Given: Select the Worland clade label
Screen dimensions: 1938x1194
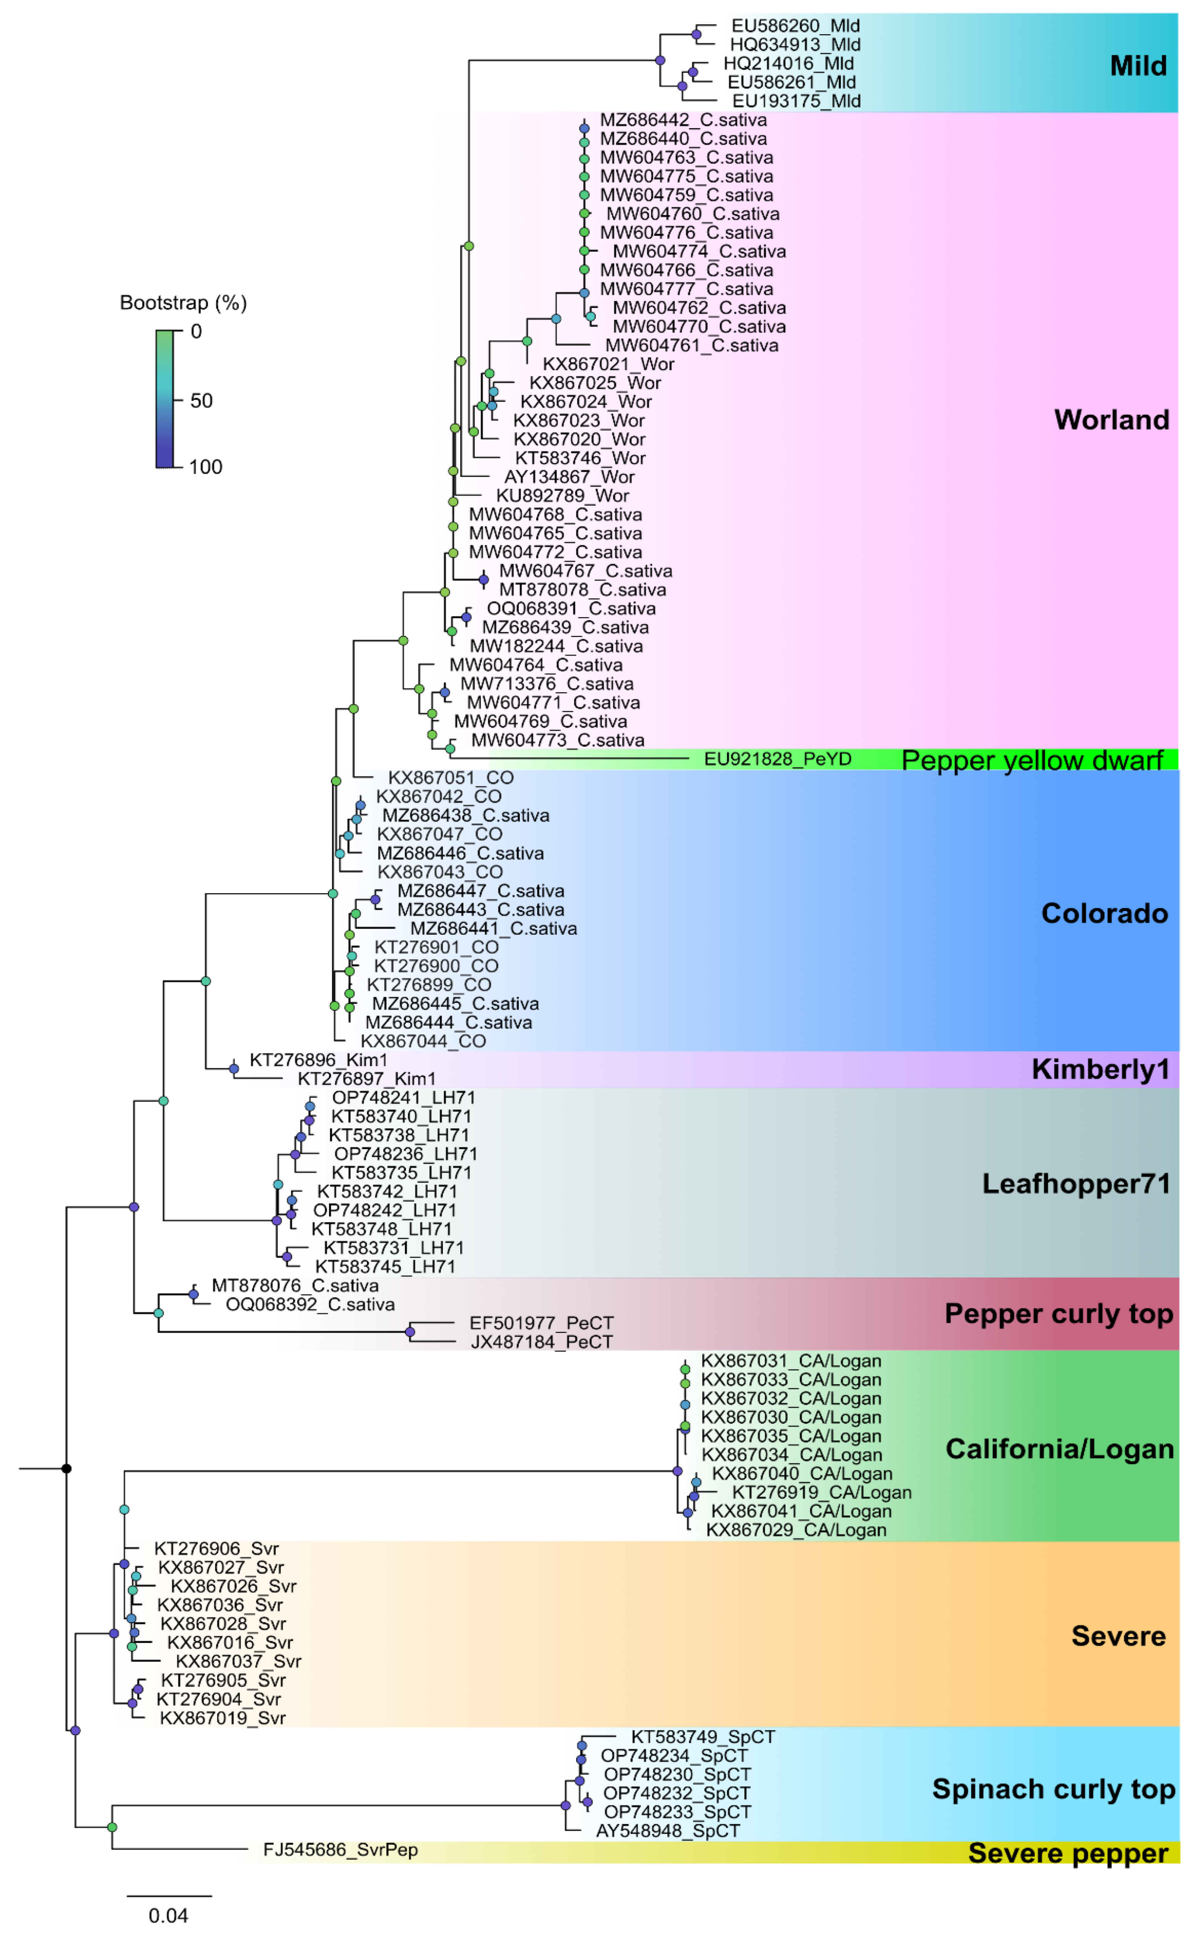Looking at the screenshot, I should pos(1111,419).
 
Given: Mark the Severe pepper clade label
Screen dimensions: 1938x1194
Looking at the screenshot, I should pos(1068,1853).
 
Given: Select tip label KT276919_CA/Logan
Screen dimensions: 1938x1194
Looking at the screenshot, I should pos(821,1493).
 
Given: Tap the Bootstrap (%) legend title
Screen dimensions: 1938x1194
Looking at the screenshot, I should pos(183,302).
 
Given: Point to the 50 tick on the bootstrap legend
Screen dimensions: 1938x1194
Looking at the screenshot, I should pos(201,400).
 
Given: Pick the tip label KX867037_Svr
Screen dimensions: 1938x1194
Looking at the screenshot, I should pos(239,1662).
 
